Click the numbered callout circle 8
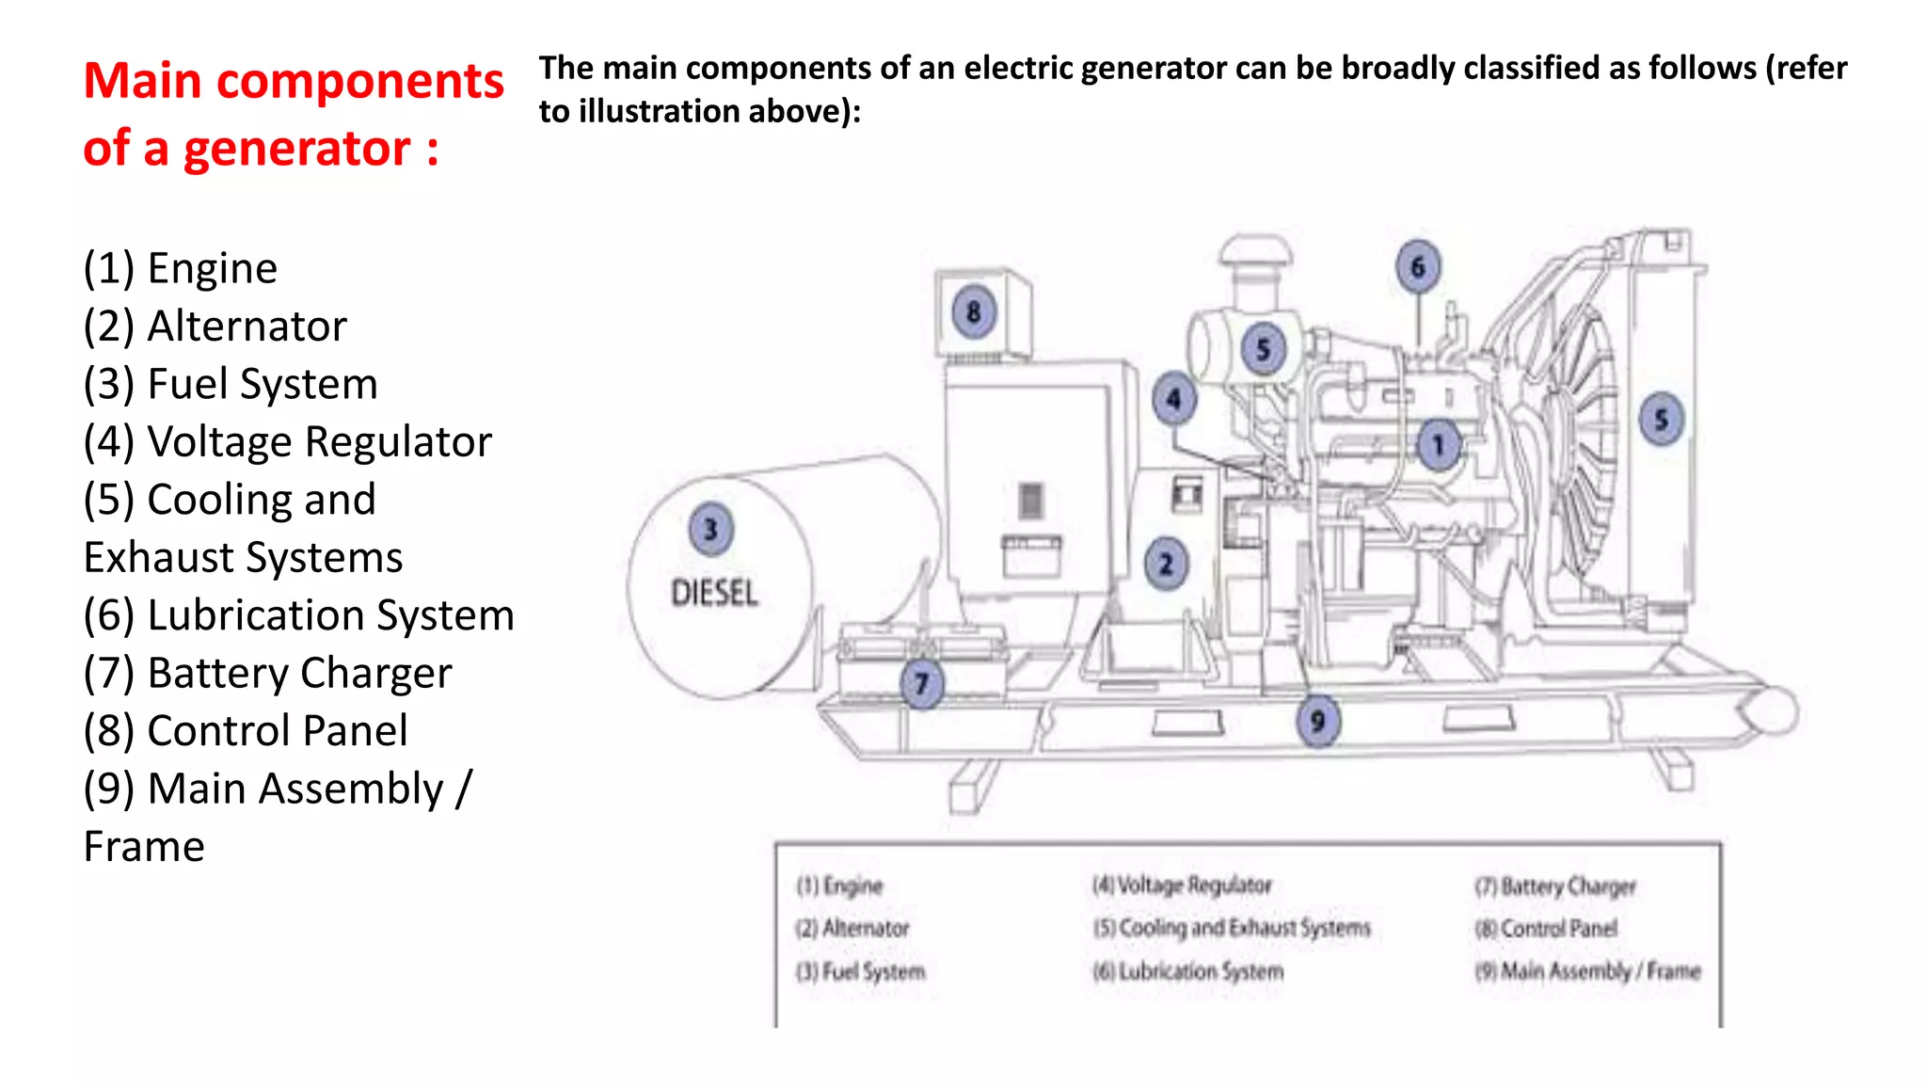(x=974, y=311)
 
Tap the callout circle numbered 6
(x=1418, y=267)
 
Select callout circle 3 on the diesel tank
(x=710, y=530)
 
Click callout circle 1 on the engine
(x=1438, y=445)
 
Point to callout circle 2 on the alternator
(x=1167, y=564)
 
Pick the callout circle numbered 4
(x=1173, y=399)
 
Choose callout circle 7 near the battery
(x=922, y=683)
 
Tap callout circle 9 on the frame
(x=1318, y=722)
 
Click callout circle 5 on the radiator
(x=1661, y=420)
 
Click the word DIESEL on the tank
(x=714, y=594)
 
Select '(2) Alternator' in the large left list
(x=215, y=327)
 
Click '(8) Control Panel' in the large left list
(x=245, y=731)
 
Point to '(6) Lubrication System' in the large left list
(x=298, y=615)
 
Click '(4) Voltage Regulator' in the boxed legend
(x=1182, y=885)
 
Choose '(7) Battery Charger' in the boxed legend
(x=1555, y=886)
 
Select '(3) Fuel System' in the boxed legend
(x=861, y=971)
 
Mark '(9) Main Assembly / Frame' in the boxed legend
(x=1588, y=971)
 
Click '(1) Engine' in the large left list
(x=180, y=269)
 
